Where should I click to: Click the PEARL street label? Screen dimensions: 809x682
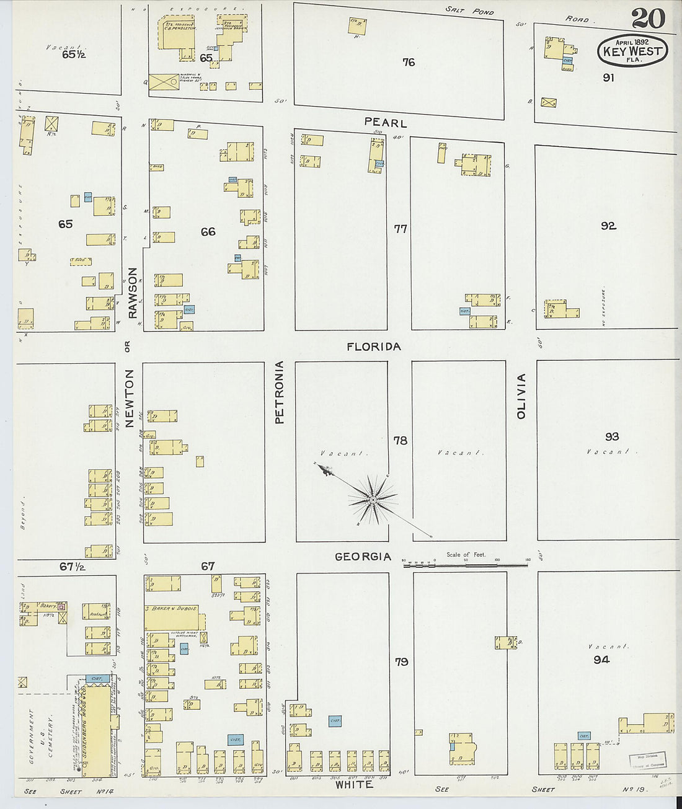(x=385, y=123)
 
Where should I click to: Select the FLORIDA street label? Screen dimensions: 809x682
(x=373, y=347)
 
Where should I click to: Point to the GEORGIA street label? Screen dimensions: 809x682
(x=363, y=557)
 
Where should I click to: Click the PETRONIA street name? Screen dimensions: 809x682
(x=279, y=392)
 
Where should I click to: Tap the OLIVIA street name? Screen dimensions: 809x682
(x=521, y=396)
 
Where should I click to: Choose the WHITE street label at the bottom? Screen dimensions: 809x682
(x=354, y=784)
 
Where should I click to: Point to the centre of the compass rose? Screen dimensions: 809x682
(x=373, y=500)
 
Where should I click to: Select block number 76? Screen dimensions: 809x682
(x=408, y=62)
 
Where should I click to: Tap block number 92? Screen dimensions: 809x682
(x=608, y=226)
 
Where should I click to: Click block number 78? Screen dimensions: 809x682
(x=401, y=440)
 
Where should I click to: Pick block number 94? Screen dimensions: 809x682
(x=601, y=660)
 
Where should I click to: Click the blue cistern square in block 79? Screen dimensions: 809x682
(x=335, y=721)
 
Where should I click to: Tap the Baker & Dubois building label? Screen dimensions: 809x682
(x=171, y=609)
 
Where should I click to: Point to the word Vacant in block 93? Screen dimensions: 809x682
(x=608, y=451)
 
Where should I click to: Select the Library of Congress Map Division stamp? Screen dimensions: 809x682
(x=647, y=760)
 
